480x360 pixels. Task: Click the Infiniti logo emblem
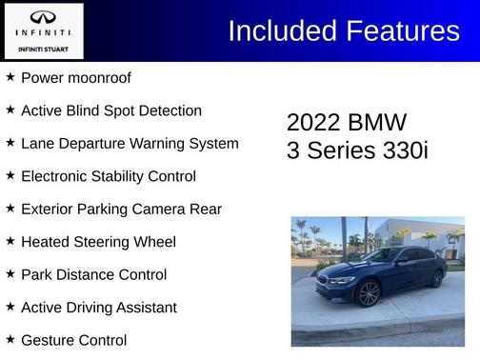(x=43, y=17)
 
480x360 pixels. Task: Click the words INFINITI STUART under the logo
(x=43, y=47)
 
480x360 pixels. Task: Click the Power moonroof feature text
(x=75, y=78)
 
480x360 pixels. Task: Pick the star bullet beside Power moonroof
(x=10, y=77)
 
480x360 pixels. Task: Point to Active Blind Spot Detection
(x=110, y=110)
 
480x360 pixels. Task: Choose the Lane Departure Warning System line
(x=130, y=144)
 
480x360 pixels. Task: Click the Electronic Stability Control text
(x=108, y=176)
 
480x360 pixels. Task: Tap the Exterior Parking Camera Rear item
(x=121, y=210)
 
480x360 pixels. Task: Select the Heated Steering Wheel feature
(x=98, y=242)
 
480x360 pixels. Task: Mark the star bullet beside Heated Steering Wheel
(x=10, y=241)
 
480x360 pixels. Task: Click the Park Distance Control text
(x=93, y=275)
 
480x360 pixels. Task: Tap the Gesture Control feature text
(x=73, y=340)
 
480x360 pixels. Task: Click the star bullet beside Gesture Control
(x=10, y=339)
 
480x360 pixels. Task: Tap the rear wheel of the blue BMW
(x=437, y=278)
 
